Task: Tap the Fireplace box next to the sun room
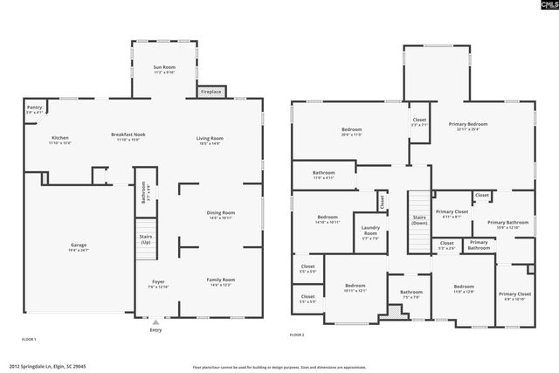coord(211,91)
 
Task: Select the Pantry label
coord(34,108)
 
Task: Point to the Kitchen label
coord(59,138)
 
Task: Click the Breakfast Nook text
coord(128,135)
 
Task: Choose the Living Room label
coord(210,138)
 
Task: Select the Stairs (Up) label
coord(145,238)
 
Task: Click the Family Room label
coord(220,280)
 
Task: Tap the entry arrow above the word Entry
coord(156,321)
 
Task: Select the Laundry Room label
coord(370,231)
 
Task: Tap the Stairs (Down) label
coord(420,219)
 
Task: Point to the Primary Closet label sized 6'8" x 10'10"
coord(514,294)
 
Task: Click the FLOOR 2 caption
coord(297,334)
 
